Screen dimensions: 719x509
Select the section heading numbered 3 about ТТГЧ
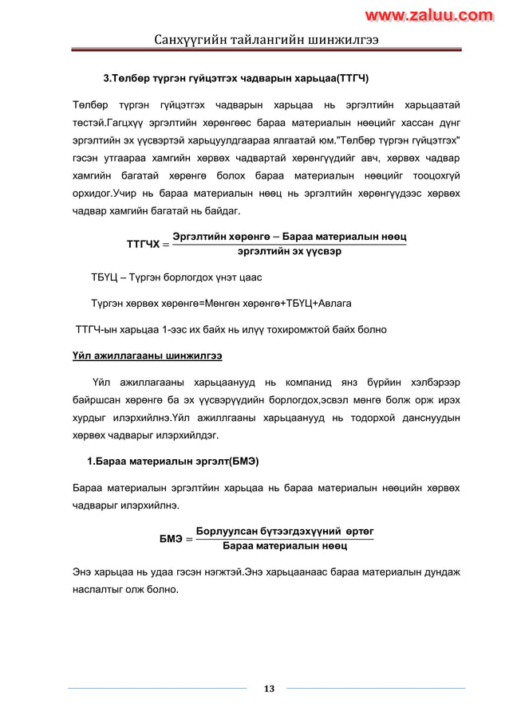[x=236, y=79]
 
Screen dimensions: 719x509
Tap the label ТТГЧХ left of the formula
[x=143, y=243]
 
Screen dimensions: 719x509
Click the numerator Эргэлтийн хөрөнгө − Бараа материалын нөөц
[x=290, y=237]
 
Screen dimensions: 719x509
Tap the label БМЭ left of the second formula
[x=171, y=538]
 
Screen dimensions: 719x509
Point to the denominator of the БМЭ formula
[x=284, y=546]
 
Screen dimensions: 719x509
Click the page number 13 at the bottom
[x=269, y=689]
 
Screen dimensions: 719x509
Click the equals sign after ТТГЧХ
[x=164, y=243]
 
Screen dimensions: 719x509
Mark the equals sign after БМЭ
[x=188, y=539]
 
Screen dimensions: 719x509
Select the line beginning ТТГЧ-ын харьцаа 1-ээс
[x=231, y=328]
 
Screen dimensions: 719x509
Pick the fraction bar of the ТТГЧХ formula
[x=290, y=244]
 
